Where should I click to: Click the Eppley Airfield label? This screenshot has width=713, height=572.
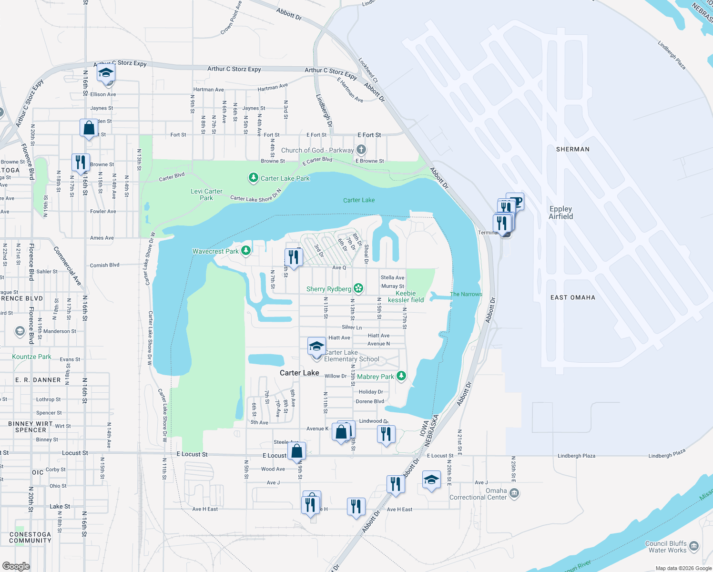(560, 213)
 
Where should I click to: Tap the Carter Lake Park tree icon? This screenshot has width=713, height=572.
(254, 178)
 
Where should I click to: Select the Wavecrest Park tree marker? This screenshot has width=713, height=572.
(246, 250)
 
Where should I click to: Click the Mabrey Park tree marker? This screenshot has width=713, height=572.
(401, 376)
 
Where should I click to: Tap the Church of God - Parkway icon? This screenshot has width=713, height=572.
(361, 150)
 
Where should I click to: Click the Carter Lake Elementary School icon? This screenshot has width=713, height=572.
(316, 347)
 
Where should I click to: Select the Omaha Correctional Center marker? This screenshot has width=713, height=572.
(514, 493)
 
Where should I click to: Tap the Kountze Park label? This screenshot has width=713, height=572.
(31, 357)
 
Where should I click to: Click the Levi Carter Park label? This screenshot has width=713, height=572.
(206, 194)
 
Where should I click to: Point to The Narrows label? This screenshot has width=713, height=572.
(466, 294)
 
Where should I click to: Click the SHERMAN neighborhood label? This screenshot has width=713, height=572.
(572, 149)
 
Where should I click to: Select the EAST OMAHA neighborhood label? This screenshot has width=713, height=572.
(572, 297)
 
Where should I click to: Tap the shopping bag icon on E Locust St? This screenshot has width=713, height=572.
(296, 450)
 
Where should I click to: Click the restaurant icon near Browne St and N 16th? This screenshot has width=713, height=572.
(81, 163)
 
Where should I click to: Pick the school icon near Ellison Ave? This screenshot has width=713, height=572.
(106, 74)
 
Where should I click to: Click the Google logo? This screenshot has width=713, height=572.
(16, 566)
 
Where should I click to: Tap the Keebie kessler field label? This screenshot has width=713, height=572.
(406, 296)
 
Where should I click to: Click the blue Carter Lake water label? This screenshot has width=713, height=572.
(359, 200)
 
